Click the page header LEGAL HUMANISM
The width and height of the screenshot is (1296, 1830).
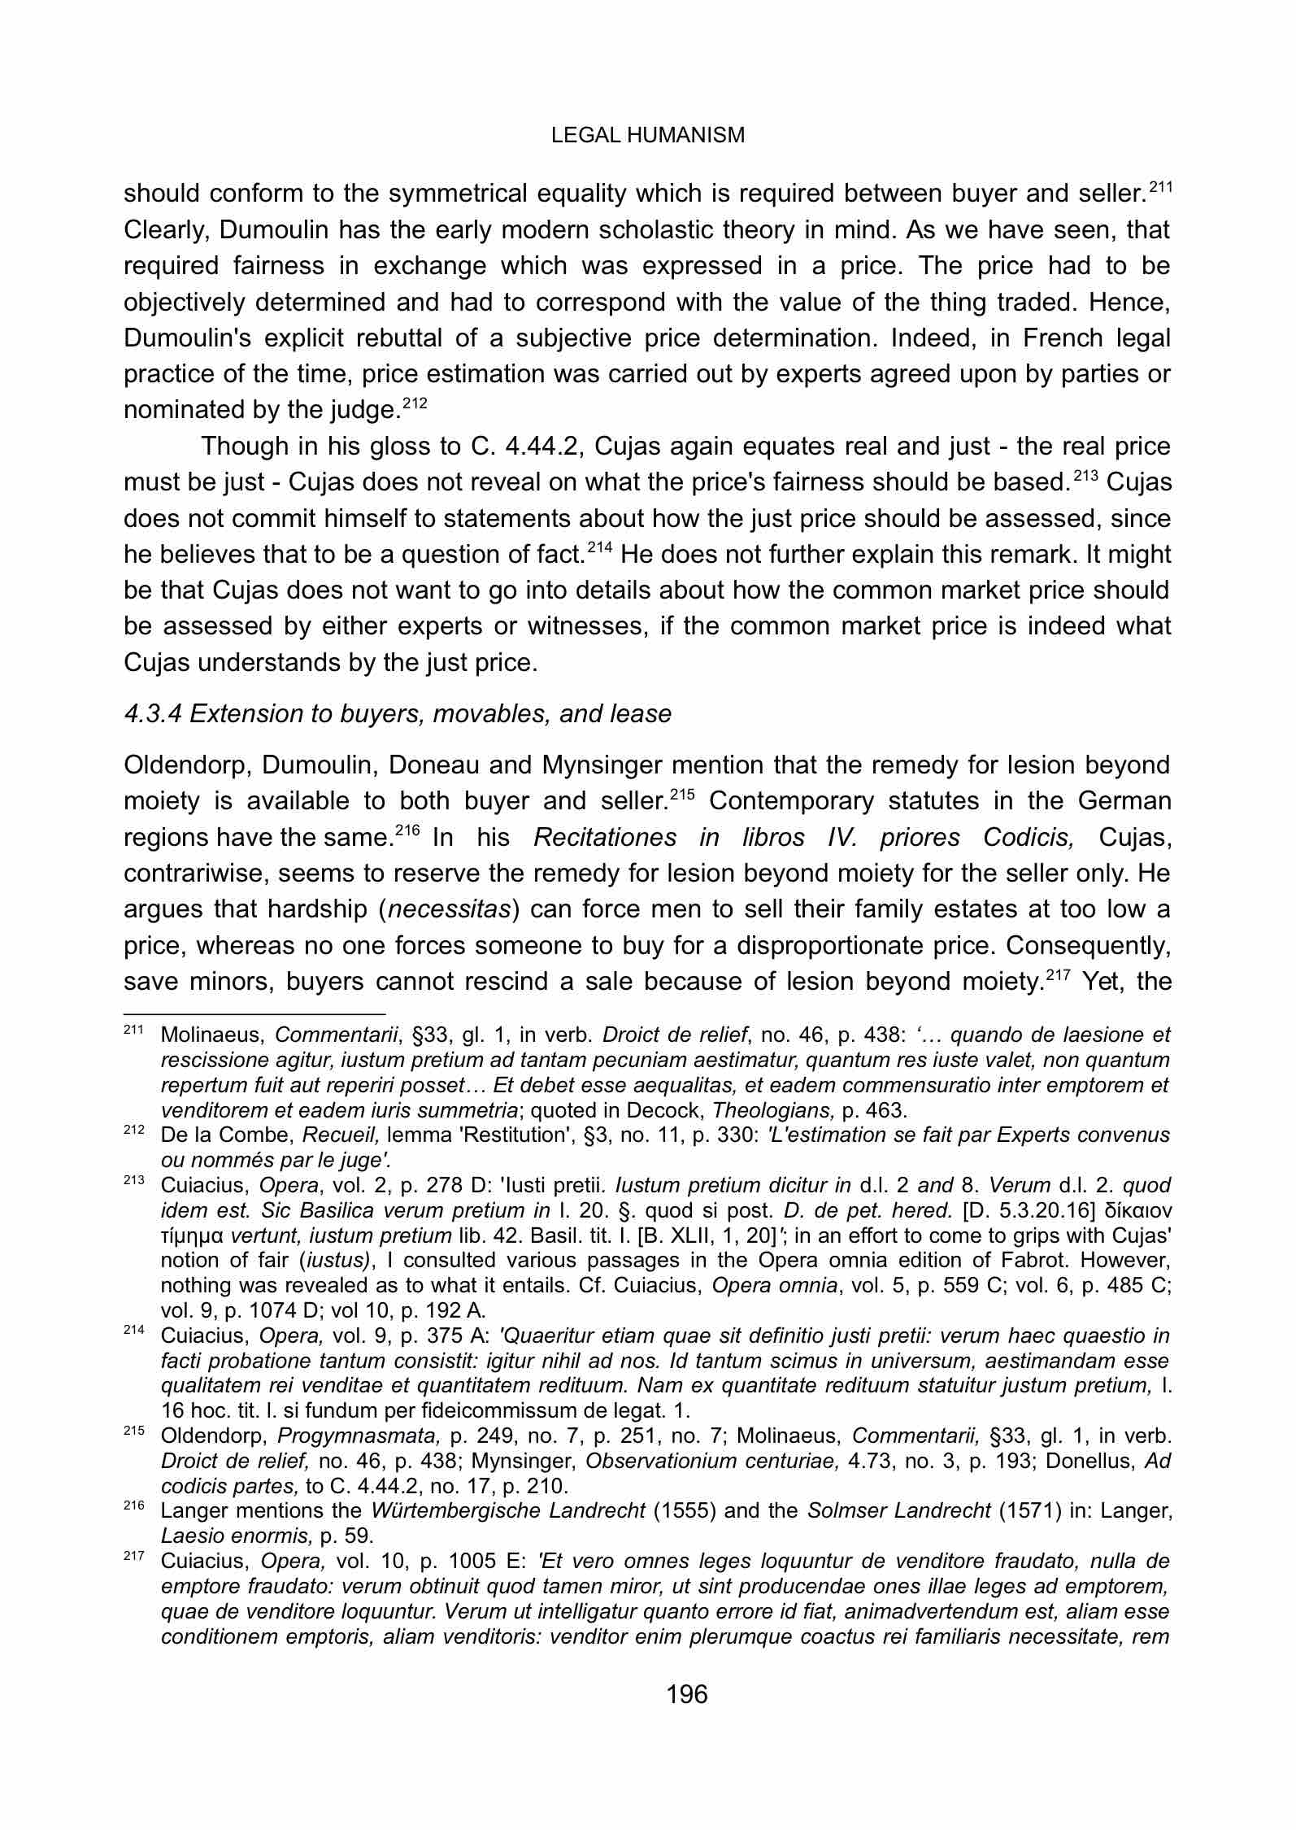[647, 135]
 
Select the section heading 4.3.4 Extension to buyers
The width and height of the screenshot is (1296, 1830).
[398, 713]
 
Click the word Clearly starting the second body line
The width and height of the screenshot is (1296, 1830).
[160, 230]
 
